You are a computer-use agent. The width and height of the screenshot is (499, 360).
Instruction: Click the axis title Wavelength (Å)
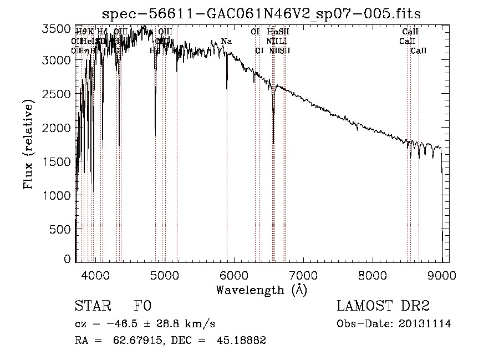[261, 290]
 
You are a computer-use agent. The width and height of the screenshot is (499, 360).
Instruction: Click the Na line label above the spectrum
[226, 42]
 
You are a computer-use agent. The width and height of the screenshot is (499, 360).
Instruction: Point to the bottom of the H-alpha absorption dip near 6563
[273, 143]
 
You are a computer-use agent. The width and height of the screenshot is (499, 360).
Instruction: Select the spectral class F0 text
[142, 307]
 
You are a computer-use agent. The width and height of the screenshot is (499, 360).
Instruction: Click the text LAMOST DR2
[383, 307]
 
